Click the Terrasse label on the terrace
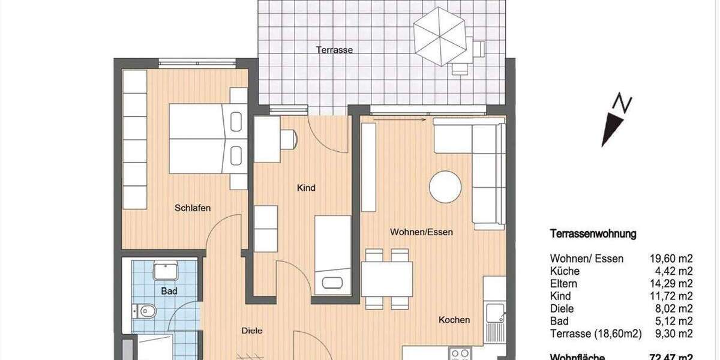[x=334, y=50]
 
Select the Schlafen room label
[x=193, y=208]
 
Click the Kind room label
[x=306, y=188]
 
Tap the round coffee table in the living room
[x=445, y=187]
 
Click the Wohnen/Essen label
[x=421, y=232]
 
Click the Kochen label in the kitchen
[x=454, y=320]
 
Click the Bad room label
[x=169, y=291]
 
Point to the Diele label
[x=252, y=331]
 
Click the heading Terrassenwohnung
[x=593, y=234]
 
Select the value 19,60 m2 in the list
[x=671, y=259]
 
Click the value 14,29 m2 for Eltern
[x=671, y=284]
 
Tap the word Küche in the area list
[x=564, y=271]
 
